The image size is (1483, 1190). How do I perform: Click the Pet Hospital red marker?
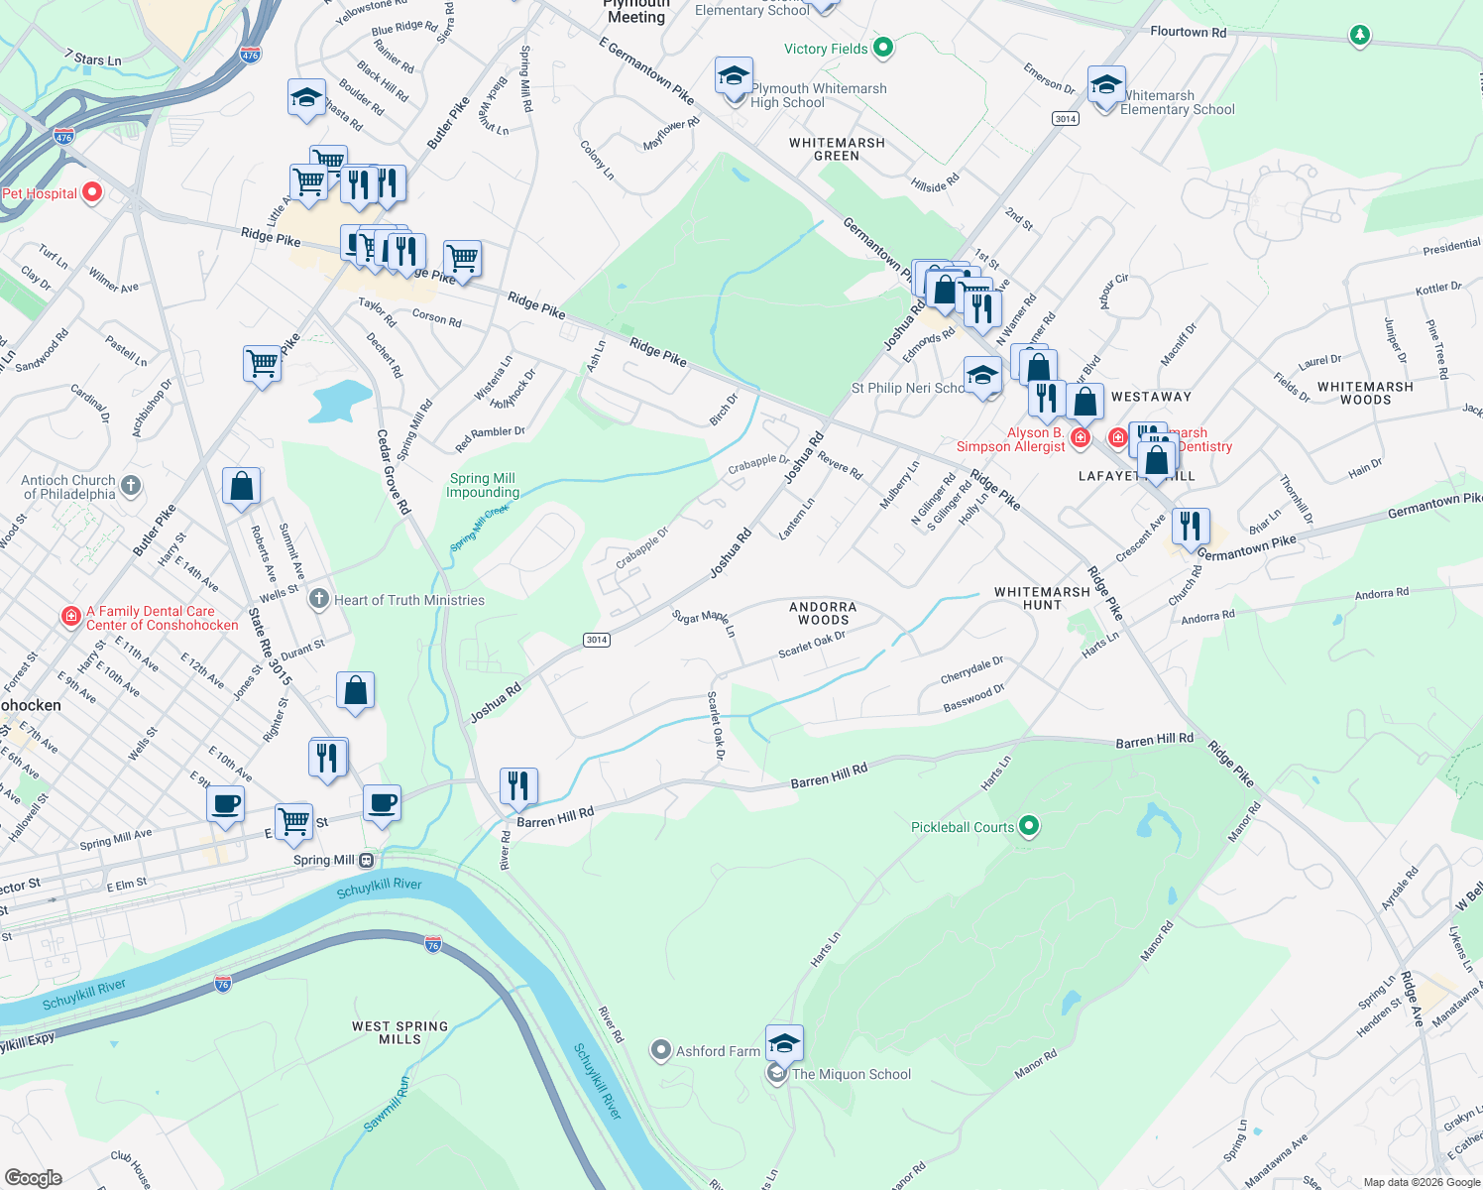pyautogui.click(x=92, y=192)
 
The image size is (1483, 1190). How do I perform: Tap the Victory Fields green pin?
pyautogui.click(x=883, y=48)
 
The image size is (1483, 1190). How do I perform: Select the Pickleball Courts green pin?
pyautogui.click(x=1029, y=825)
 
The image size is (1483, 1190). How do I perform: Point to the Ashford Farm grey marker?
pyautogui.click(x=661, y=1050)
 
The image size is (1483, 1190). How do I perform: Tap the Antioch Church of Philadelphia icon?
pyautogui.click(x=131, y=486)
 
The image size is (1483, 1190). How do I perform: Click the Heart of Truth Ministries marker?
pyautogui.click(x=318, y=599)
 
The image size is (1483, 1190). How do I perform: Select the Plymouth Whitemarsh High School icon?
pyautogui.click(x=734, y=76)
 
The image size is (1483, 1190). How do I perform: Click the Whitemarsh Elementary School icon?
pyautogui.click(x=1105, y=84)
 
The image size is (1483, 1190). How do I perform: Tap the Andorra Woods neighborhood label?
pyautogui.click(x=823, y=613)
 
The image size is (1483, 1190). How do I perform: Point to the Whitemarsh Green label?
pyautogui.click(x=837, y=149)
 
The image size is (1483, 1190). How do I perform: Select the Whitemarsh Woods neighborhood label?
pyautogui.click(x=1365, y=393)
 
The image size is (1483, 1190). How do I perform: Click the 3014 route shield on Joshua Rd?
pyautogui.click(x=596, y=640)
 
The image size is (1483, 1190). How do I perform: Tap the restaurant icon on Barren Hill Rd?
pyautogui.click(x=518, y=786)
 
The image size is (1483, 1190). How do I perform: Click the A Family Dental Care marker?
pyautogui.click(x=70, y=617)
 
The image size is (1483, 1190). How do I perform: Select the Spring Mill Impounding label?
pyautogui.click(x=483, y=485)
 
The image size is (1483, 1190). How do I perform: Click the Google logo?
pyautogui.click(x=33, y=1177)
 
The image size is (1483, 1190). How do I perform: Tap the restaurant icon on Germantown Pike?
pyautogui.click(x=1191, y=527)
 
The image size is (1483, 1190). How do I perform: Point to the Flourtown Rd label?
pyautogui.click(x=1188, y=32)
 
